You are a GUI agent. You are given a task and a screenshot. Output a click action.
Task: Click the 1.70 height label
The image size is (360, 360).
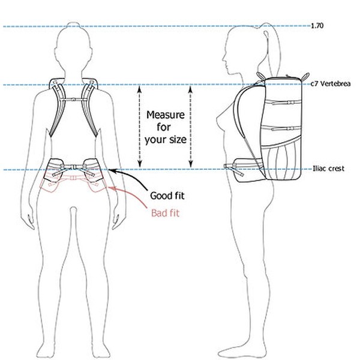pos(317,25)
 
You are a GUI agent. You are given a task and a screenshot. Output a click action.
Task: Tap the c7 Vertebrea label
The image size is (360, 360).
pos(331,83)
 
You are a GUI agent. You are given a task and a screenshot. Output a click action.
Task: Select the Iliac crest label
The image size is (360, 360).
pos(329,169)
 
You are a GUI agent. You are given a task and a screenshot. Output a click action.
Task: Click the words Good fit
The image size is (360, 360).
pos(167,196)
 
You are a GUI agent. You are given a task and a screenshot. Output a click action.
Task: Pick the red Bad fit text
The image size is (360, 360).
pos(165,213)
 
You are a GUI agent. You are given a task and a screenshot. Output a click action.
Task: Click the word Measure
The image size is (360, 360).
pos(166,115)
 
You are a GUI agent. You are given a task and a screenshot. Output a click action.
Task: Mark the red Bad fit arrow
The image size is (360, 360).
pos(128,194)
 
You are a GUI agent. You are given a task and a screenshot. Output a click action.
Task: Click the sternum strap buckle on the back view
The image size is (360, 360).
pos(73,100)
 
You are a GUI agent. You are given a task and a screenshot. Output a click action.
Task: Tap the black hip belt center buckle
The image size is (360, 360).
pos(74,167)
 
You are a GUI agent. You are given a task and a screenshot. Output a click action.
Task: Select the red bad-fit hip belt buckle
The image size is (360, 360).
pos(73,178)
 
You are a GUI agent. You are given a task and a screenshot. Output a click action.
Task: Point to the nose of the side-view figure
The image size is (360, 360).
pos(224,59)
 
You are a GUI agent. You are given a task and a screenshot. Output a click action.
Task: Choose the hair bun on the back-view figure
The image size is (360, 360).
pos(73,25)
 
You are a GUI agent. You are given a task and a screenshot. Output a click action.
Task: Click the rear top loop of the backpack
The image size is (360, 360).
pos(305,76)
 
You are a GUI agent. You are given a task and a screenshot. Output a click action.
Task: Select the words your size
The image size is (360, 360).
pos(166,140)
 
